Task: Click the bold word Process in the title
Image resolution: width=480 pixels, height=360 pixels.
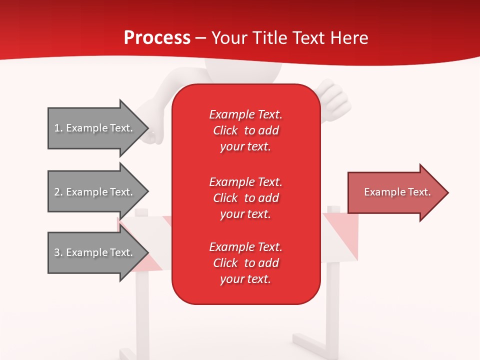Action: pos(157,38)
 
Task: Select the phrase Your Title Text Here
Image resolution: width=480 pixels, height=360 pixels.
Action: pos(290,38)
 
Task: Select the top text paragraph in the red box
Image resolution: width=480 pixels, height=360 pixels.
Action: pos(245,130)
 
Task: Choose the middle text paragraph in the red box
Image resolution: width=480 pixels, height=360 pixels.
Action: pos(245,198)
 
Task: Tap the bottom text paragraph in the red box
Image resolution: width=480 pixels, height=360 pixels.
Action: pos(245,263)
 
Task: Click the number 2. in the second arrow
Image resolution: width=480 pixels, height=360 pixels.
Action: pos(58,192)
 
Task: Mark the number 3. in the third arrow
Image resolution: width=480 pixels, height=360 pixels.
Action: pos(58,252)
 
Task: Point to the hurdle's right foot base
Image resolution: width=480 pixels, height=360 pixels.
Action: pos(310,345)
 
